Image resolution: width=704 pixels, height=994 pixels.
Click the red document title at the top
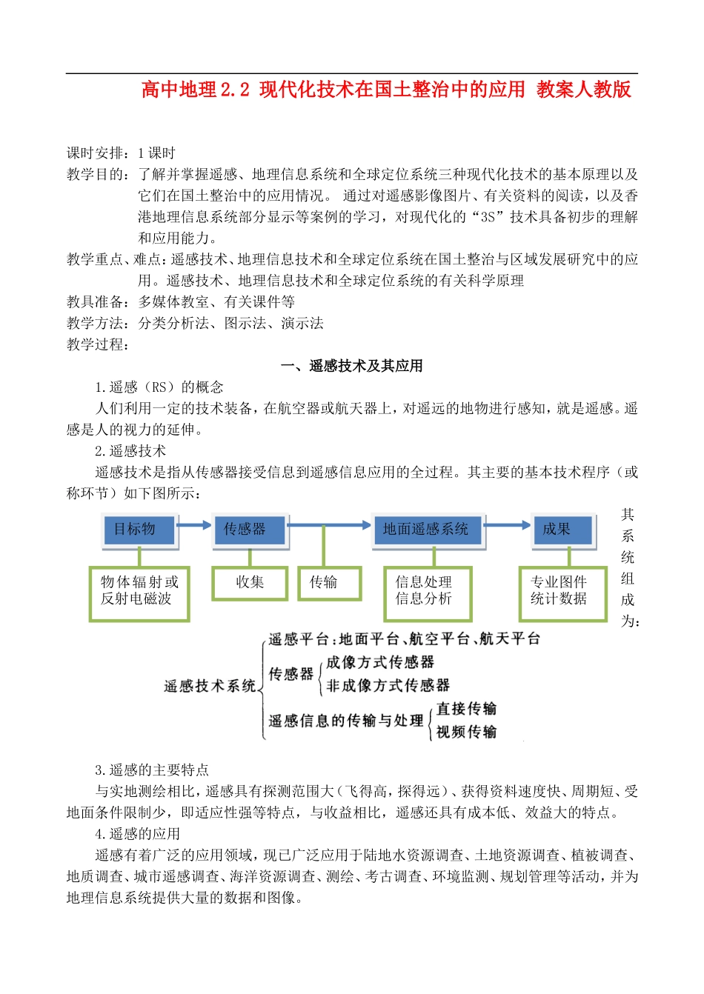pos(386,90)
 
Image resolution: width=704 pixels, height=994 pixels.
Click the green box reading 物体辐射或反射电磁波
pos(139,590)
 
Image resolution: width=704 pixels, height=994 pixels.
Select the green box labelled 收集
pos(250,582)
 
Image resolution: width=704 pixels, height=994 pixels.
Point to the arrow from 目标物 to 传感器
pos(195,525)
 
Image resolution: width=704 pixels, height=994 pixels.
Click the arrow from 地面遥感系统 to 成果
pos(508,525)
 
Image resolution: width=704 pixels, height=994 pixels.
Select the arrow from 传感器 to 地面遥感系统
pos(330,525)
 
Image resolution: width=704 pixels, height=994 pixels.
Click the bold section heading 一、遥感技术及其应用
pos(352,366)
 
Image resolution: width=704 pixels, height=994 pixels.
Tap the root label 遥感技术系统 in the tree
pos(210,686)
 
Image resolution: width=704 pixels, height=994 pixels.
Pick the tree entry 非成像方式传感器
pos(388,685)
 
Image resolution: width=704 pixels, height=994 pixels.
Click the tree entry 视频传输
pos(466,732)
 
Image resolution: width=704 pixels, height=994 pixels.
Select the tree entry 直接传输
pos(466,709)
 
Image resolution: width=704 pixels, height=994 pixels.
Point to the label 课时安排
pos(97,153)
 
